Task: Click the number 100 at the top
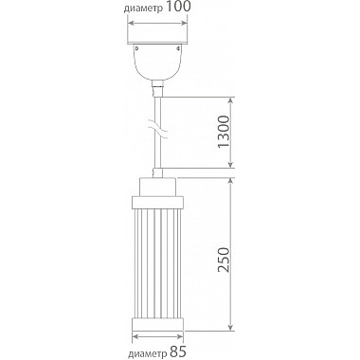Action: [x=178, y=7]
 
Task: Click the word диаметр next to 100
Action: [x=143, y=9]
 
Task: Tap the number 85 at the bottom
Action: [x=178, y=351]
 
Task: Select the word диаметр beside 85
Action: [x=148, y=353]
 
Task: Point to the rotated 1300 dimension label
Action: [x=224, y=132]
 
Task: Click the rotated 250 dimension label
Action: [x=224, y=260]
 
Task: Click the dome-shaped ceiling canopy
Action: [x=157, y=62]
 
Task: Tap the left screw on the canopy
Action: [x=136, y=48]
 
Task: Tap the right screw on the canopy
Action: [x=178, y=48]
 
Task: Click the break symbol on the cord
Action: [x=157, y=129]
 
